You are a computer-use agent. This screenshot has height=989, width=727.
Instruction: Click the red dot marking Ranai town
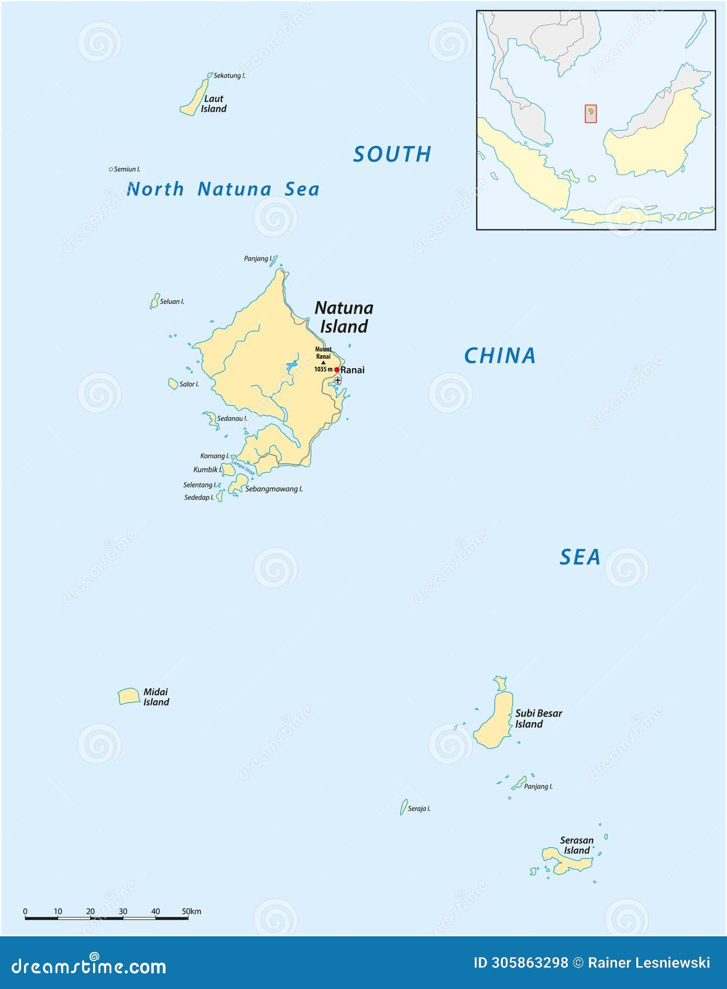pos(337,370)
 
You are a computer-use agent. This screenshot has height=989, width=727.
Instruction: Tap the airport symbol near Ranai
pos(338,380)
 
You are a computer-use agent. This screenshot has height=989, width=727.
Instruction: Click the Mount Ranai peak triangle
pos(323,363)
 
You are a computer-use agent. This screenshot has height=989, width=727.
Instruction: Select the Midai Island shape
pos(129,696)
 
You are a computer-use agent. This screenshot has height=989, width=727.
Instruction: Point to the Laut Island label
pos(214,104)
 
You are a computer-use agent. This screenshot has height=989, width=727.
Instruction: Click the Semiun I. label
pos(127,169)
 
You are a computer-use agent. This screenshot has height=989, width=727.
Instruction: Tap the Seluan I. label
pos(172,301)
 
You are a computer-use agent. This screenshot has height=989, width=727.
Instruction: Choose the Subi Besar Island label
pos(538,719)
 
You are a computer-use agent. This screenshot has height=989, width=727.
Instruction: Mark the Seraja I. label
pos(419,809)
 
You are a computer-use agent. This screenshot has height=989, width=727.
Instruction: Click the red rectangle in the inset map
pos(591,114)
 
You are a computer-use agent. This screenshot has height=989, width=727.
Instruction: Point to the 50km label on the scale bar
pos(191,911)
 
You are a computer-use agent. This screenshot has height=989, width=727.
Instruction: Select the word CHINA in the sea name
pos(500,356)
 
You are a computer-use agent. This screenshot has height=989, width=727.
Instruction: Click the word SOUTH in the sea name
pos(392,154)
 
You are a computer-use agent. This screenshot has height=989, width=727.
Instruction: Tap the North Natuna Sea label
pos(223,189)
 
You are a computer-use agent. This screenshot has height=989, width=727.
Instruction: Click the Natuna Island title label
pos(344,317)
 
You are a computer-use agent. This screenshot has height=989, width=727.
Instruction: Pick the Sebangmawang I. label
pos(274,489)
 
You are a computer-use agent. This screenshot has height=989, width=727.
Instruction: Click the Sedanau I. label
pos(232,418)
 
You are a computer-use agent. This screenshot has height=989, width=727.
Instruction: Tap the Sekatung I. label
pos(229,75)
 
